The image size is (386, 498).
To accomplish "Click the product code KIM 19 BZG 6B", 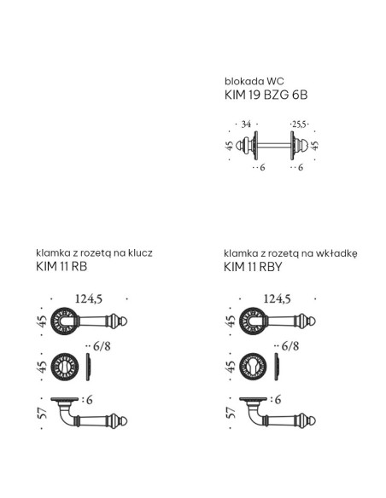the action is (x=266, y=95).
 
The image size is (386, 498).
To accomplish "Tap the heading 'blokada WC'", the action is (x=254, y=81).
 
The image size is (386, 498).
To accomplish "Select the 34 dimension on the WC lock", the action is (x=246, y=124).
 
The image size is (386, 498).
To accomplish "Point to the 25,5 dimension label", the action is (x=299, y=124).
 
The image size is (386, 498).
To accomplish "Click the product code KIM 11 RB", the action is (x=61, y=266).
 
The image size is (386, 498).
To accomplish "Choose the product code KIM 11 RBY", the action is (x=253, y=267).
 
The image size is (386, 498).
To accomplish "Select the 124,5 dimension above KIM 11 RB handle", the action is (x=89, y=298).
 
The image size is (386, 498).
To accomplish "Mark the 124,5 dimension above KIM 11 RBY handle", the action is (x=278, y=298).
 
